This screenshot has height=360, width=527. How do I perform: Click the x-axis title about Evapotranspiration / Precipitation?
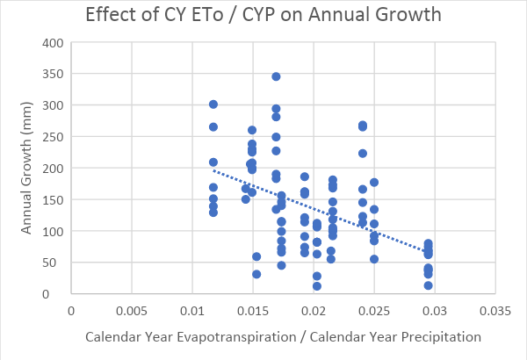283,337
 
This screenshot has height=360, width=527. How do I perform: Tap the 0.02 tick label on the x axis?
314,311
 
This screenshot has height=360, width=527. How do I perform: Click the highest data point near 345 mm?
276,76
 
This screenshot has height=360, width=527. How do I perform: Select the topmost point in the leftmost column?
213,104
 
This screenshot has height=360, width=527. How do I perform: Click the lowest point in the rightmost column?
428,285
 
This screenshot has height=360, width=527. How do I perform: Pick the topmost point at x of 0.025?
374,183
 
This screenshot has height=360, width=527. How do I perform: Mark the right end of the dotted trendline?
428,252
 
